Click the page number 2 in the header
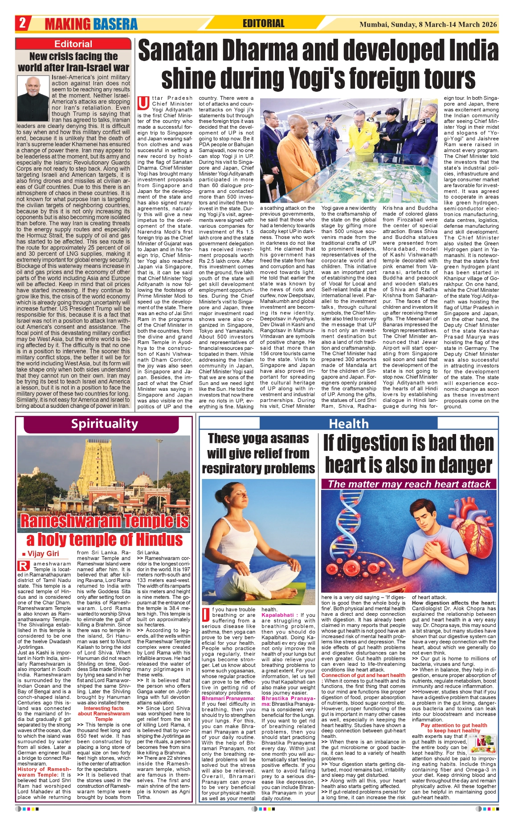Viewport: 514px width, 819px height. coord(22,23)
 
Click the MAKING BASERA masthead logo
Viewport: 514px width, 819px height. coord(91,24)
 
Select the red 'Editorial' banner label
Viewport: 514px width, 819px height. coord(73,44)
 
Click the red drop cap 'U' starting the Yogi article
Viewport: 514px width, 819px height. coord(143,103)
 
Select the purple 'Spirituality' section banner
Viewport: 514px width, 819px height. coord(105,424)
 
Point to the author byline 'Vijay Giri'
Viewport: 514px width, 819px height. coord(43,553)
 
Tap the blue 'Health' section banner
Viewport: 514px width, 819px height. coord(349,424)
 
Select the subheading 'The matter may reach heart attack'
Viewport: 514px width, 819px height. coord(409,484)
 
